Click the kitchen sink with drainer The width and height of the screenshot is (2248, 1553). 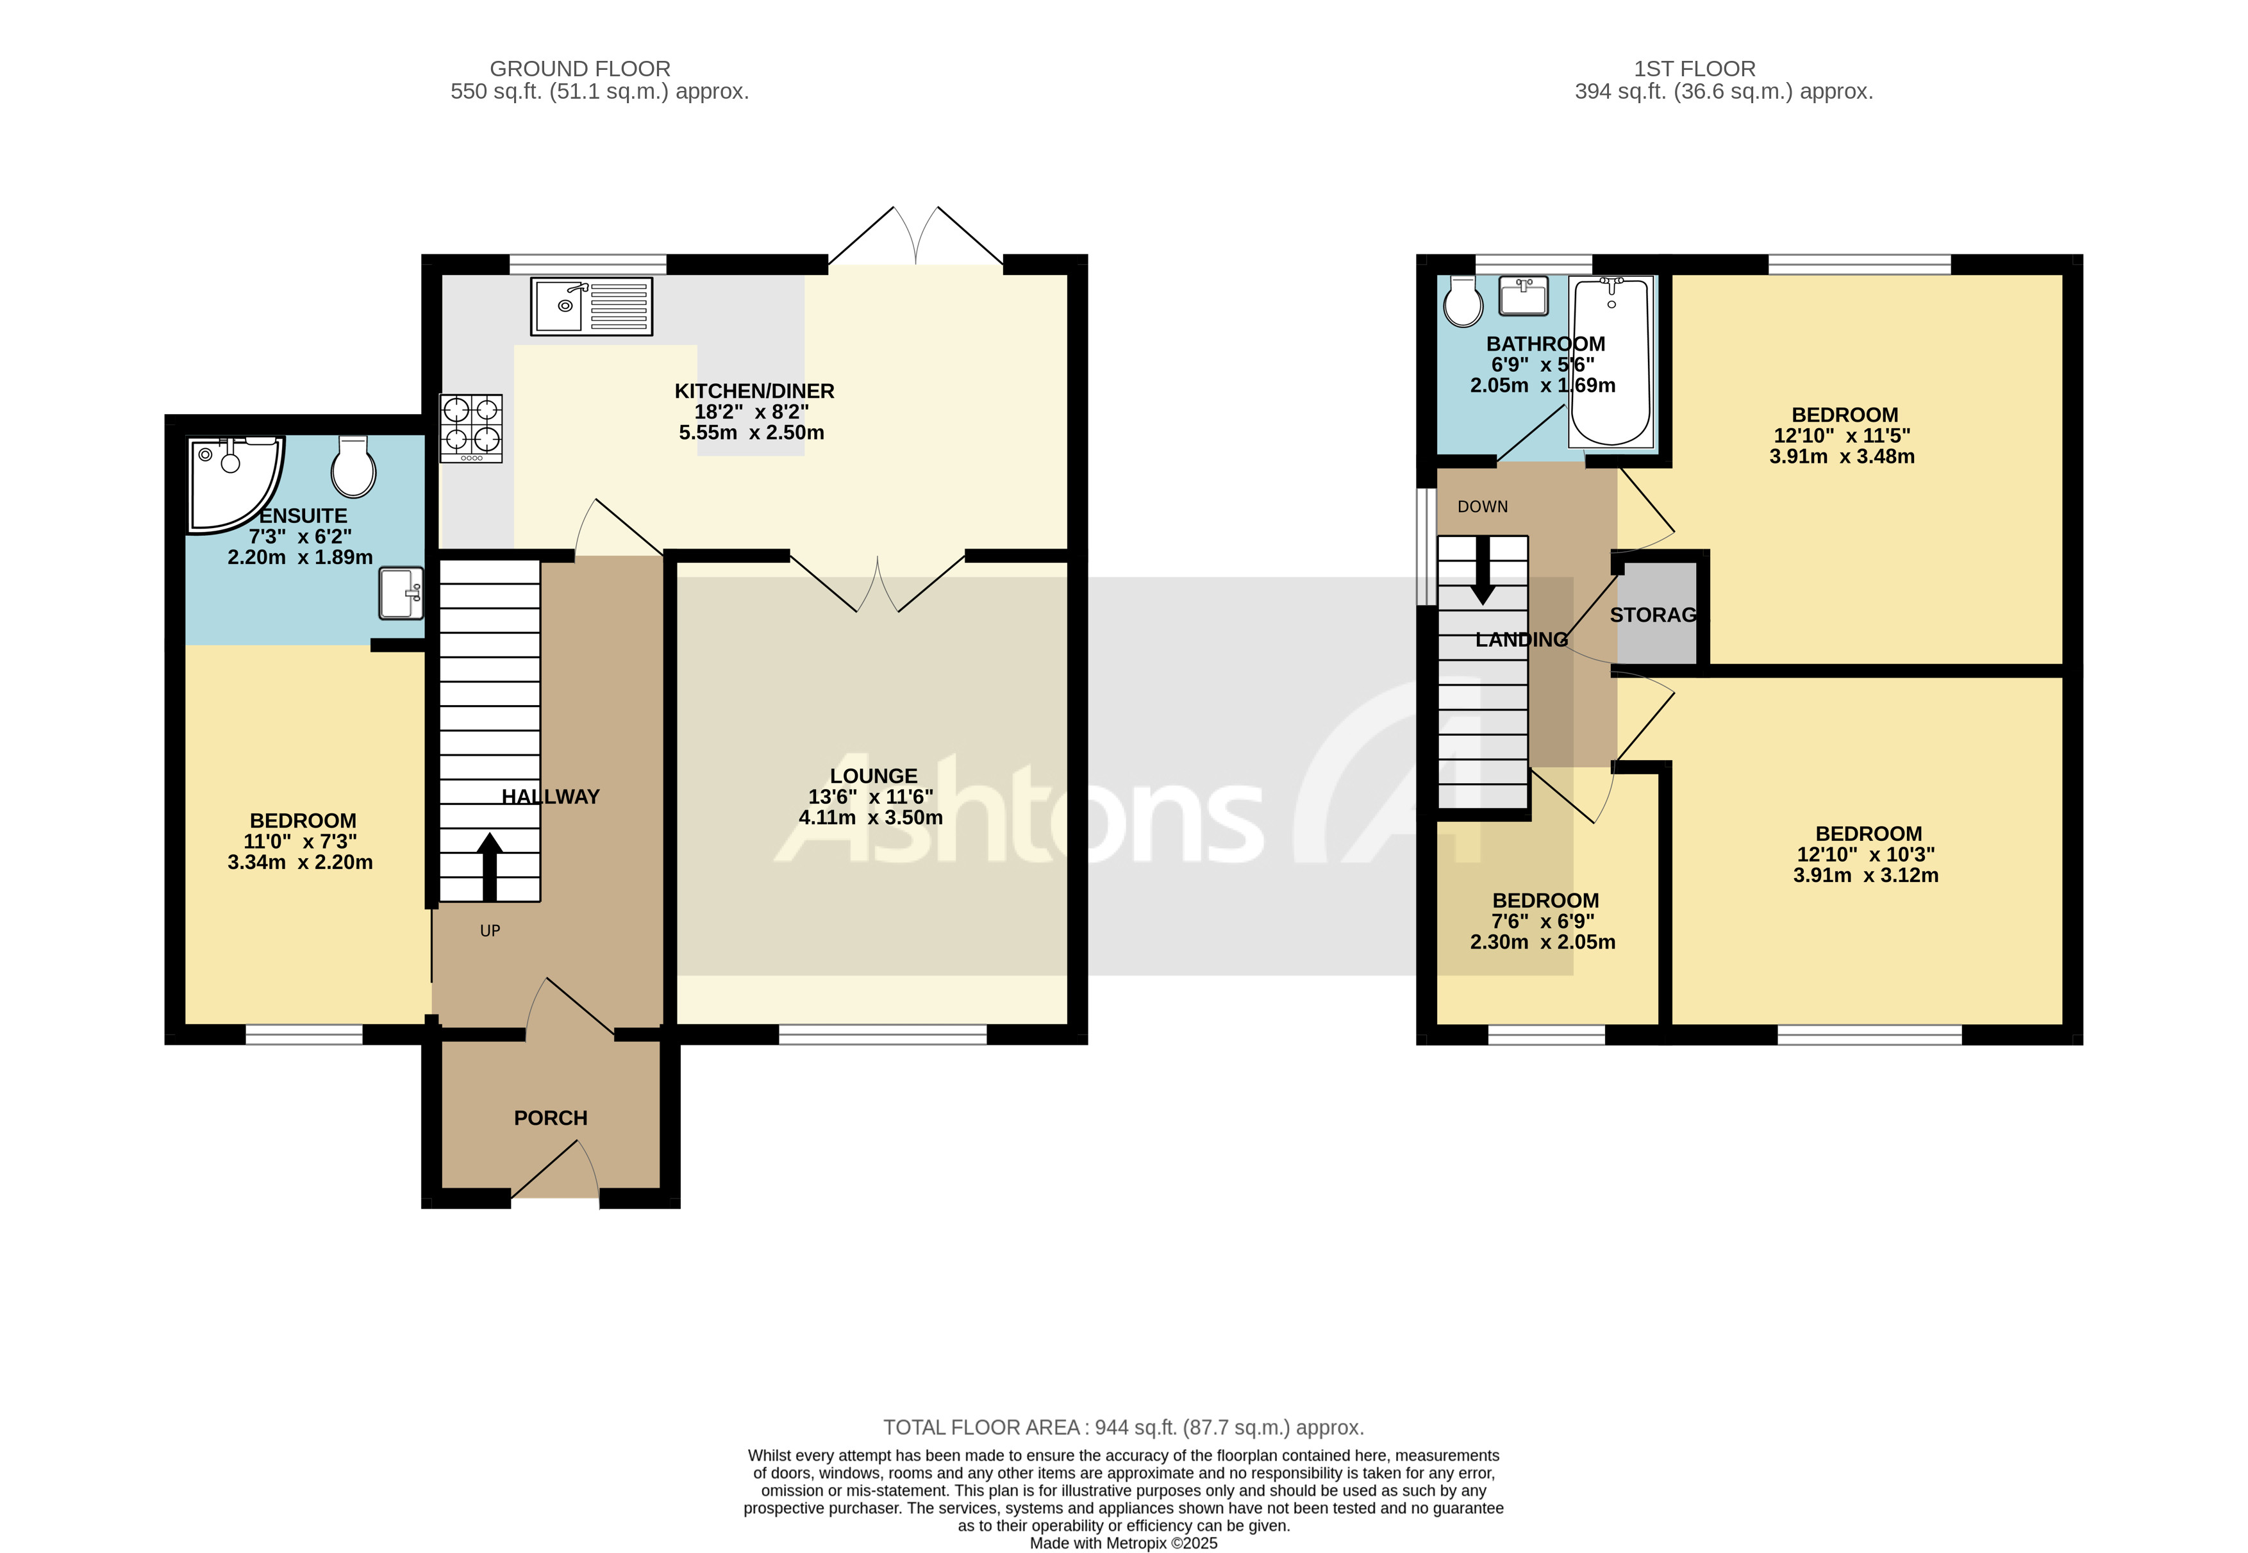click(591, 306)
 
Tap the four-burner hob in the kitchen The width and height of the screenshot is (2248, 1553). click(472, 427)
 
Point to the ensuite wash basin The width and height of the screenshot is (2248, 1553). click(401, 593)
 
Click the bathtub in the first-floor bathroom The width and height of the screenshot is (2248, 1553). click(1611, 360)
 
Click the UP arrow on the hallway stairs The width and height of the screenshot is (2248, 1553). click(490, 865)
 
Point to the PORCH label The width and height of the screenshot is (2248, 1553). click(551, 1118)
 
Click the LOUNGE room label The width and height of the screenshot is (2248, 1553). click(873, 776)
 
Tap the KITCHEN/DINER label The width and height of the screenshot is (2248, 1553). click(754, 391)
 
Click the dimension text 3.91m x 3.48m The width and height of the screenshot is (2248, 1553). click(1841, 456)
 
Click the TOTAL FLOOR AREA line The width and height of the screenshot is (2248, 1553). click(1123, 1427)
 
